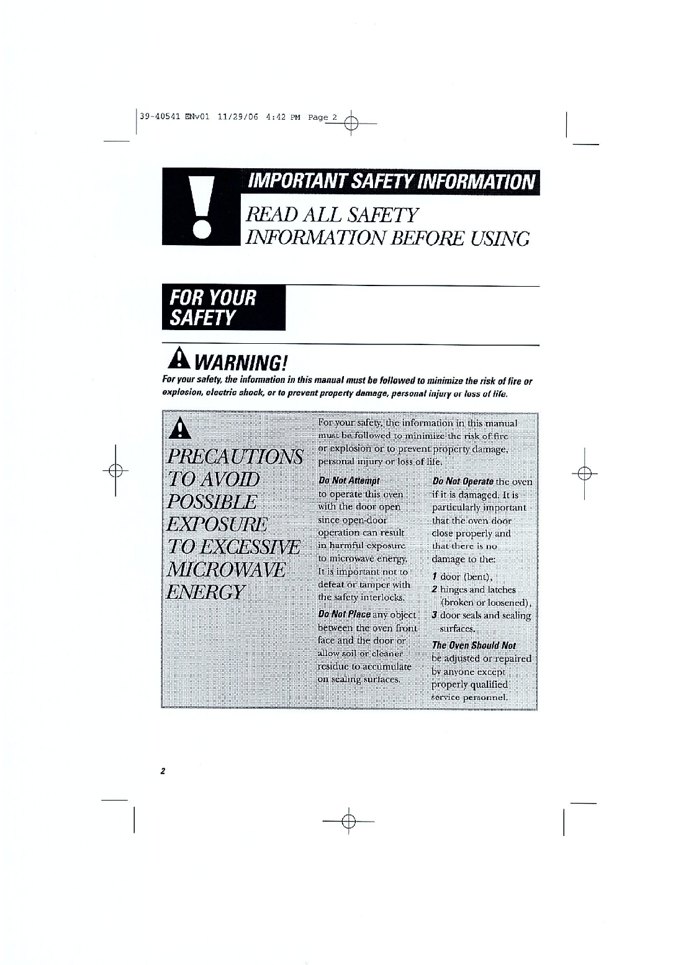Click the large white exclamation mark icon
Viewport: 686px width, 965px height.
tap(202, 208)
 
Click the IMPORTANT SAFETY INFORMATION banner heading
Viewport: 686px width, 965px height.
tap(390, 181)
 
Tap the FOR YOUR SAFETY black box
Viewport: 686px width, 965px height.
tap(223, 308)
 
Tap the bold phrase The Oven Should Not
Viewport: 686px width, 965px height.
tap(474, 645)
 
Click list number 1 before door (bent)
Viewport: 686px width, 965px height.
tap(435, 577)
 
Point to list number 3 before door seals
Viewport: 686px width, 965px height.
tap(436, 616)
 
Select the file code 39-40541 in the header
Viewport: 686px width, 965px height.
tap(160, 117)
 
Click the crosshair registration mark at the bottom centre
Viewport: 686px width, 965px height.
tap(349, 820)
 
